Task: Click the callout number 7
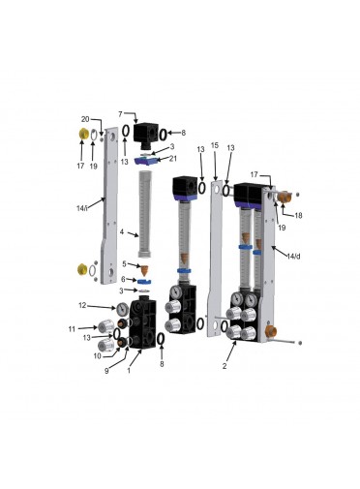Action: [120, 114]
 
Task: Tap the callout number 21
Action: [173, 159]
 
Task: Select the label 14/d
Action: [293, 257]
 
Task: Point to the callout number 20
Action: [85, 119]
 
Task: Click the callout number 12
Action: [82, 305]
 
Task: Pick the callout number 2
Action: [225, 366]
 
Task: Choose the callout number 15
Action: [215, 145]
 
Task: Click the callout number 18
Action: [299, 215]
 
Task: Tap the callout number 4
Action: [122, 231]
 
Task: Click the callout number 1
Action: [129, 371]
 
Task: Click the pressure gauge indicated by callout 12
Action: [123, 309]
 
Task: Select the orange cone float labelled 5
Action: [144, 270]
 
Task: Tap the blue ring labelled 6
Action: [144, 282]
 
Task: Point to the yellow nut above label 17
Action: [84, 134]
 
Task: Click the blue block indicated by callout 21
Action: [146, 161]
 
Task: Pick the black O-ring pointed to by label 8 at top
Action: [164, 134]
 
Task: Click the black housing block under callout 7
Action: [146, 134]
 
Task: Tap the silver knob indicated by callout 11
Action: [106, 327]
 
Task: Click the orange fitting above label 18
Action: [284, 197]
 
